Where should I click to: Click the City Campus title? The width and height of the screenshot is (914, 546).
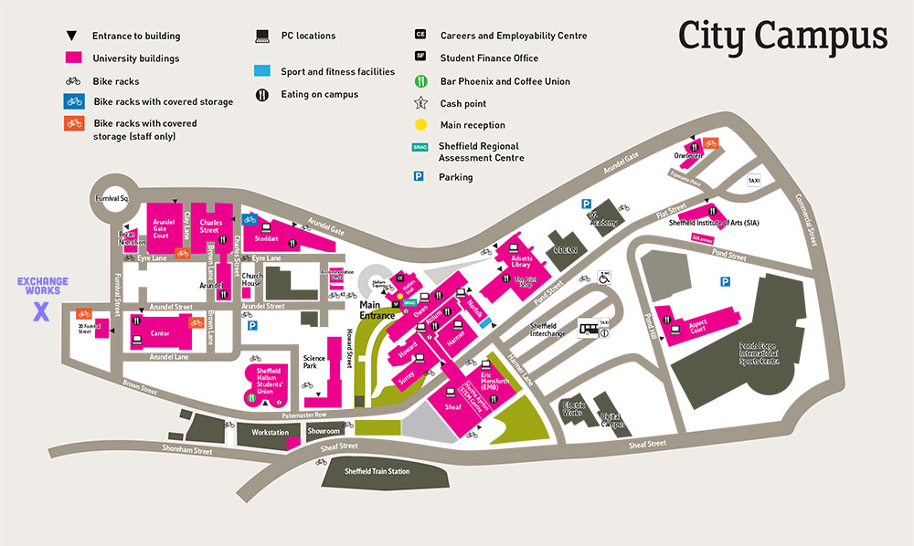782,36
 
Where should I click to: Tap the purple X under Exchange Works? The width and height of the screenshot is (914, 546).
40,312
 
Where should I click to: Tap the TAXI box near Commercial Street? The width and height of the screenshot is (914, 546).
755,181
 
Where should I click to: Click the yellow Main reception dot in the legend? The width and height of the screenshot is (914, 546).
420,125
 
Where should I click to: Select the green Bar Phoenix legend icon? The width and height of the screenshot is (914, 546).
420,81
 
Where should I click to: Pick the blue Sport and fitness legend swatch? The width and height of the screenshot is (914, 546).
262,71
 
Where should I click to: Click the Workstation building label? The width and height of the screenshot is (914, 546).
271,432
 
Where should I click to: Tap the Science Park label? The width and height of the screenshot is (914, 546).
314,362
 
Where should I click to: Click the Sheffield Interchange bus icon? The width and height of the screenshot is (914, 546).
590,327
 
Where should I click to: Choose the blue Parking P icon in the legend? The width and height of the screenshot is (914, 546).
420,176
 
